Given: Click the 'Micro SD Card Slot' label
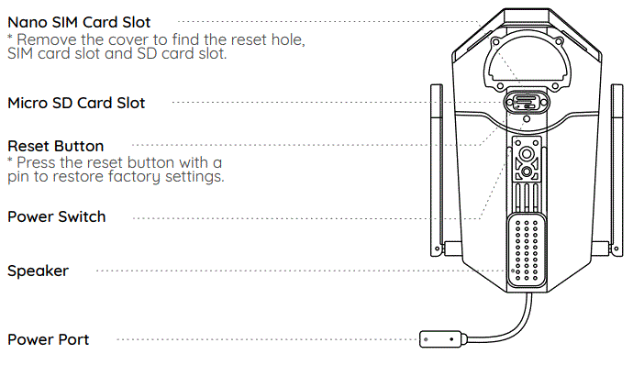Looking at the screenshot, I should coord(76,103).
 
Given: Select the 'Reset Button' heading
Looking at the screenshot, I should coord(56,146).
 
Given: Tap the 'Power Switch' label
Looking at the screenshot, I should coord(57,217).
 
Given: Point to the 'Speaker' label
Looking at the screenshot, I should coord(38,271).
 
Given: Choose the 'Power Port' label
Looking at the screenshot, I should coord(49,340).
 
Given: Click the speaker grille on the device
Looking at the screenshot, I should coord(527,249).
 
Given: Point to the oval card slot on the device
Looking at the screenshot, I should coord(526,101).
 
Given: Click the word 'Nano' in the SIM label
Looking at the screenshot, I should coord(27,21).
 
